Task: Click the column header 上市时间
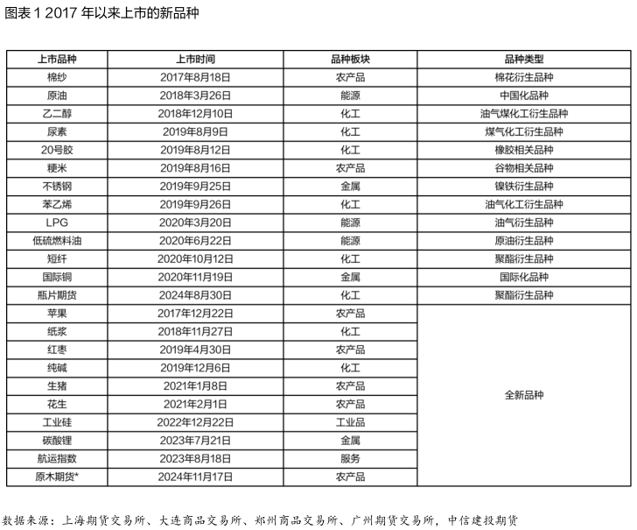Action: point(195,59)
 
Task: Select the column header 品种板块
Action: point(349,59)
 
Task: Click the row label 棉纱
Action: point(57,77)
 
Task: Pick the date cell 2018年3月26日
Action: point(195,95)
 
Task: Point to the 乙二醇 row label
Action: point(57,114)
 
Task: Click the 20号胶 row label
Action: point(57,150)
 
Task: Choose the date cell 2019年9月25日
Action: point(195,186)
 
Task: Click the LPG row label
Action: point(57,223)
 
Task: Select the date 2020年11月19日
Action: point(195,277)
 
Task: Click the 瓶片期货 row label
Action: point(57,295)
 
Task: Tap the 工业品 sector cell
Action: point(349,422)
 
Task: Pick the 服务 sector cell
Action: point(349,458)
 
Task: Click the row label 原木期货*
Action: point(57,477)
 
